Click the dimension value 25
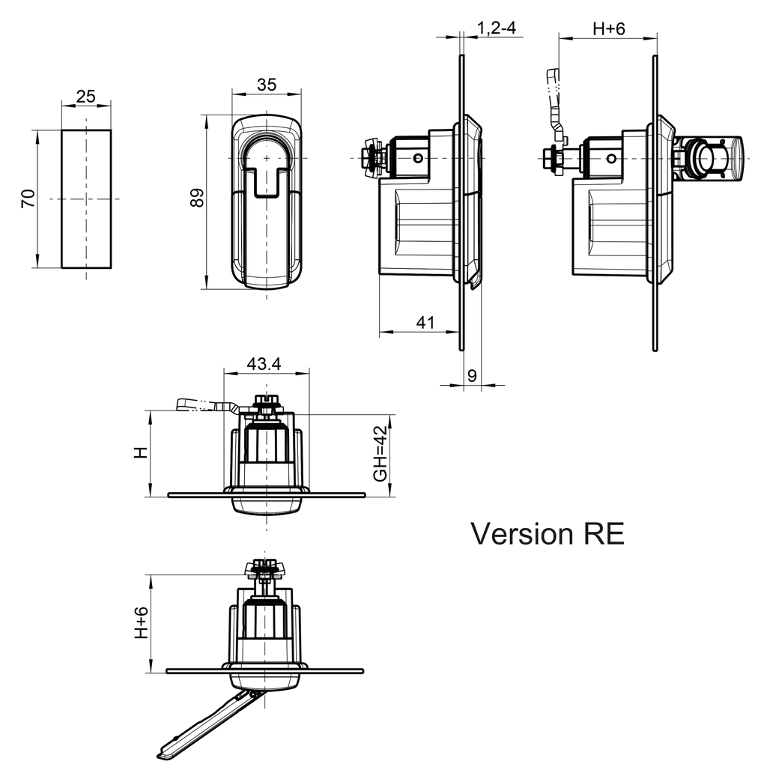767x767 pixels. pos(86,96)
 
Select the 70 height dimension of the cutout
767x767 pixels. pos(28,198)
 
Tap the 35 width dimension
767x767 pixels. pos(266,85)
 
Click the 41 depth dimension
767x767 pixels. pos(425,322)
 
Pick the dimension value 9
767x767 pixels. pos(472,376)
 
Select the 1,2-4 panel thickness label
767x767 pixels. pos(497,28)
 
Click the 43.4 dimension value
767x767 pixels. pos(264,364)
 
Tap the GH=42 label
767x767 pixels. pos(381,454)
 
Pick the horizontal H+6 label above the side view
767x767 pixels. pos(608,28)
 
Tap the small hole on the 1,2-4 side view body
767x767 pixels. pos(417,158)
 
